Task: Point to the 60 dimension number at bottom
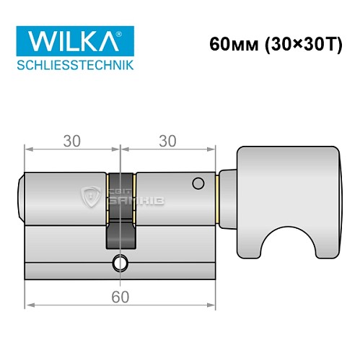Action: [120, 296]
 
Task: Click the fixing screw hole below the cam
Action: [120, 262]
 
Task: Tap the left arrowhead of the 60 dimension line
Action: [27, 307]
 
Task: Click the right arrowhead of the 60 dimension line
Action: [213, 307]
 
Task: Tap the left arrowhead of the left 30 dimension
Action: [27, 150]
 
